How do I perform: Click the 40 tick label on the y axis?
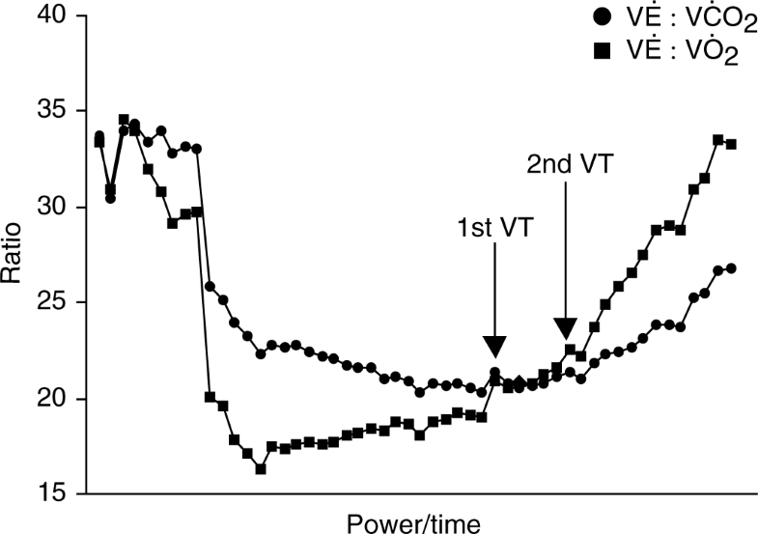point(57,16)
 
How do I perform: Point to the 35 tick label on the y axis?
point(57,112)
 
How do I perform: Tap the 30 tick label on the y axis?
point(57,208)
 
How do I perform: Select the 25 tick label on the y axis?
point(57,303)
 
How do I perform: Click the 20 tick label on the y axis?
point(57,399)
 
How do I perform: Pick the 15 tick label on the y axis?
point(57,493)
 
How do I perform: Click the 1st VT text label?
point(494,228)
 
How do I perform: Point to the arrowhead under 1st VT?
point(494,347)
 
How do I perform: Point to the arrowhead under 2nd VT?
point(565,328)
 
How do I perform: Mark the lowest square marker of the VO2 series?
point(261,469)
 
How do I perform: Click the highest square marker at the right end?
point(718,140)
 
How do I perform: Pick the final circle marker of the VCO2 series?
point(731,267)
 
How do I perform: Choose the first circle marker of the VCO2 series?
point(98,136)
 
